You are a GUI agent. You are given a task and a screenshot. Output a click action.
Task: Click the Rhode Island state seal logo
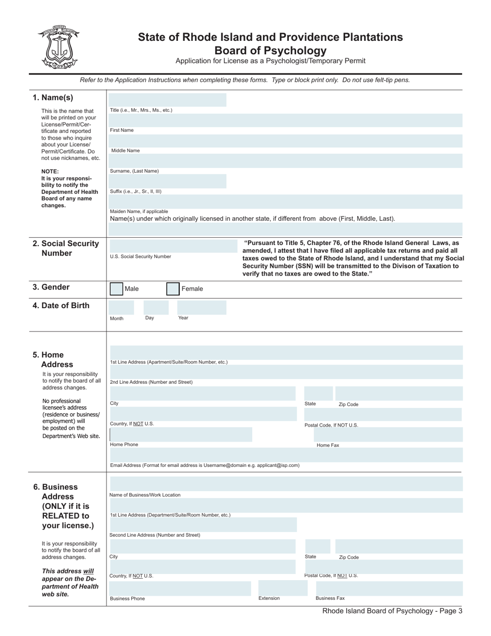57,47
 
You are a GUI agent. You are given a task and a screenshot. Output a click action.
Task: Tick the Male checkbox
117,289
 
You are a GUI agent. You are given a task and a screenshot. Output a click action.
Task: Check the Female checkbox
173,289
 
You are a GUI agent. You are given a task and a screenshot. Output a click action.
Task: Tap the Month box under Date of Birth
121,308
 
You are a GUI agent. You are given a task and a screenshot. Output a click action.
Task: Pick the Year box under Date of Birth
202,308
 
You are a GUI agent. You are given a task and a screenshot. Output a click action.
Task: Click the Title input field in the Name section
167,100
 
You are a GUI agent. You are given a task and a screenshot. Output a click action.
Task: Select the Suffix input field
167,181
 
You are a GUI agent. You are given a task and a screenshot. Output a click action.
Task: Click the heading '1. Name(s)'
53,98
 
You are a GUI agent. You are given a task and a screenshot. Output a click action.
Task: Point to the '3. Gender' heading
51,287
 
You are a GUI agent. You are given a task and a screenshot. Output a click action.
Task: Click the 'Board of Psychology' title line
270,51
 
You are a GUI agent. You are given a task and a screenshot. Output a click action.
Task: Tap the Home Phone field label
124,445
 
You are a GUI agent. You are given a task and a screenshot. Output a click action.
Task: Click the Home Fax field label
328,445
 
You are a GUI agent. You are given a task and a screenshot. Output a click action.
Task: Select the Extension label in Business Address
269,598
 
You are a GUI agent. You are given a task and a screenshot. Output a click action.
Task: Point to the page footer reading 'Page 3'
392,611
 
